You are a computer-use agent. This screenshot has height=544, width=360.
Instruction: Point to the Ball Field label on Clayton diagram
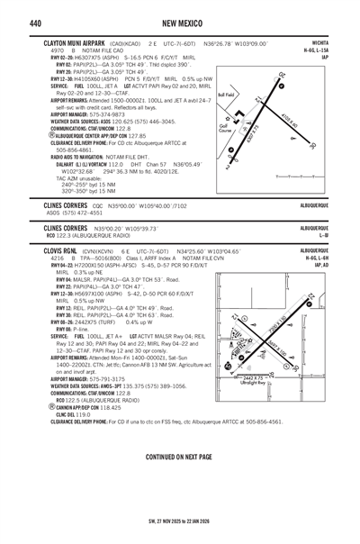(226, 94)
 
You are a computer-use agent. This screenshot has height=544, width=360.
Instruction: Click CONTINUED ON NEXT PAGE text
(179, 458)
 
